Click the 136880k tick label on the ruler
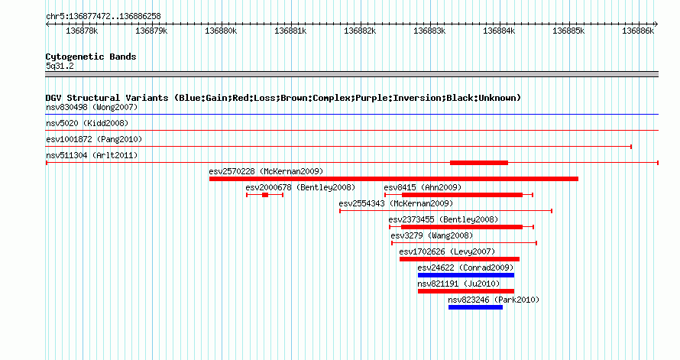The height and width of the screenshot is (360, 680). (x=221, y=31)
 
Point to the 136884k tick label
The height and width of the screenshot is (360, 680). (x=499, y=31)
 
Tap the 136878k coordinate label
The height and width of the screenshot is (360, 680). (x=82, y=31)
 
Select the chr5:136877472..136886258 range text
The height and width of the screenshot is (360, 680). (x=103, y=17)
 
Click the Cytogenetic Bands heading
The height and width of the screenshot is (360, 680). (x=91, y=57)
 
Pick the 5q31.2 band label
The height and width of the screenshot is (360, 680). (x=60, y=66)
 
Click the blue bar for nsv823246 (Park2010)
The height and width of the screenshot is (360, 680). (x=475, y=307)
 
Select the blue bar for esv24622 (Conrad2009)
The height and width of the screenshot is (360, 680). (x=466, y=275)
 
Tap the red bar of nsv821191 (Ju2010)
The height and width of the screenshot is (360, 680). (x=466, y=291)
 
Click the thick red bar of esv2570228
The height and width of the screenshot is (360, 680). (x=393, y=179)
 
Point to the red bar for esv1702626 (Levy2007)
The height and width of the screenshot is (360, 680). (x=459, y=259)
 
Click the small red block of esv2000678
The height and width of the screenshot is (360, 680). (x=265, y=195)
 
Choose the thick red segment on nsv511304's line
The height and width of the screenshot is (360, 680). (x=479, y=163)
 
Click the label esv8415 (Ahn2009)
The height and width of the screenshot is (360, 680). (x=423, y=187)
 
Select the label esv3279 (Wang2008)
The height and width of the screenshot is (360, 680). (x=432, y=235)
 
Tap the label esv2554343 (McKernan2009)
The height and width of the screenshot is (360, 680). (x=396, y=203)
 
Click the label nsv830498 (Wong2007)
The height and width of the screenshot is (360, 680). (x=92, y=107)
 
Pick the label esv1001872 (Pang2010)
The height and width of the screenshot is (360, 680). (x=94, y=139)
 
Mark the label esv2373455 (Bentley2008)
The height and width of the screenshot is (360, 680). (x=443, y=219)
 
